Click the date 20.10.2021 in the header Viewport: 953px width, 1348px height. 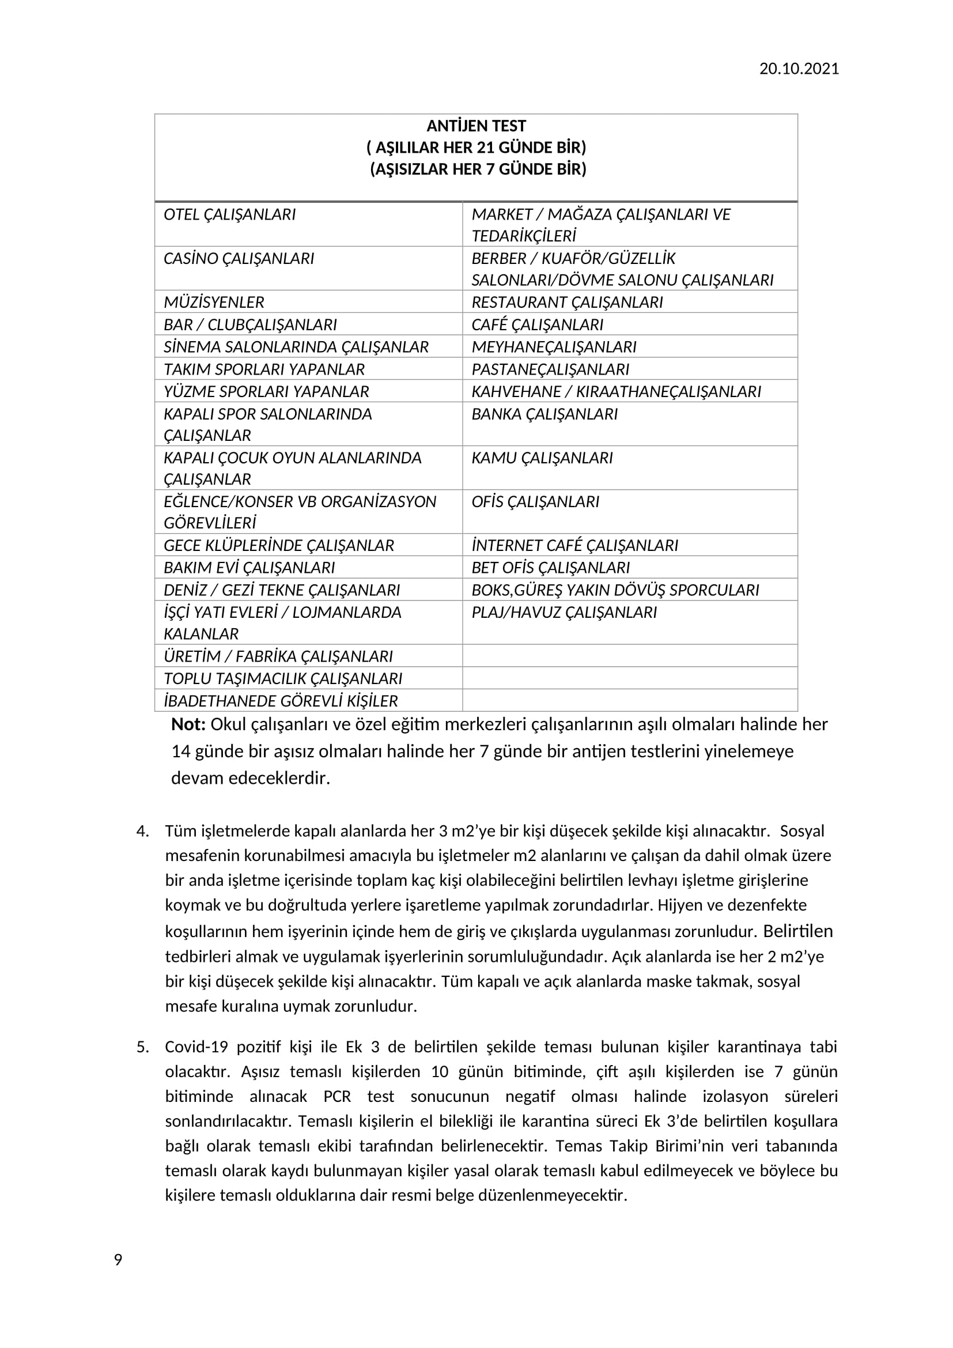pyautogui.click(x=799, y=69)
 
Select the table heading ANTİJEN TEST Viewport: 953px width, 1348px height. pyautogui.click(x=476, y=126)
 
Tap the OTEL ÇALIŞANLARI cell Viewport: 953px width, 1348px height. pyautogui.click(x=229, y=214)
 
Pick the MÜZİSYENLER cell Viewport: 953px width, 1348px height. pyautogui.click(x=214, y=302)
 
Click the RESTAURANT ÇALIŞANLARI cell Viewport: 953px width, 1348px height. pyautogui.click(x=567, y=302)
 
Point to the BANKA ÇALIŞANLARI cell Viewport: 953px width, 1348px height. pyautogui.click(x=544, y=414)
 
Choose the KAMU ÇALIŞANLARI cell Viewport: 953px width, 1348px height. pyautogui.click(x=542, y=458)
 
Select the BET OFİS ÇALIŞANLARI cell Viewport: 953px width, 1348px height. pyautogui.click(x=550, y=567)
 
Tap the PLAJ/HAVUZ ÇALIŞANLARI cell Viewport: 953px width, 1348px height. pyautogui.click(x=564, y=612)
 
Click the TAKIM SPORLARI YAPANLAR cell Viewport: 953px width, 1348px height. pyautogui.click(x=264, y=369)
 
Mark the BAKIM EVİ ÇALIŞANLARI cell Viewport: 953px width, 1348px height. pyautogui.click(x=249, y=567)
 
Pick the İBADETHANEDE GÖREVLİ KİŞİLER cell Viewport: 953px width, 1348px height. pyautogui.click(x=281, y=700)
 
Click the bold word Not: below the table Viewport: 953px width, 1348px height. pyautogui.click(x=188, y=724)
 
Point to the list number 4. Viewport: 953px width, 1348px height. pyautogui.click(x=142, y=832)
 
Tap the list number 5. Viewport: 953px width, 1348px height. pyautogui.click(x=142, y=1047)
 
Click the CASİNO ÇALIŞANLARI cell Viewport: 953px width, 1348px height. pyautogui.click(x=239, y=258)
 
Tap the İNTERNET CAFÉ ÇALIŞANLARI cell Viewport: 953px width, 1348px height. pyautogui.click(x=574, y=545)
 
